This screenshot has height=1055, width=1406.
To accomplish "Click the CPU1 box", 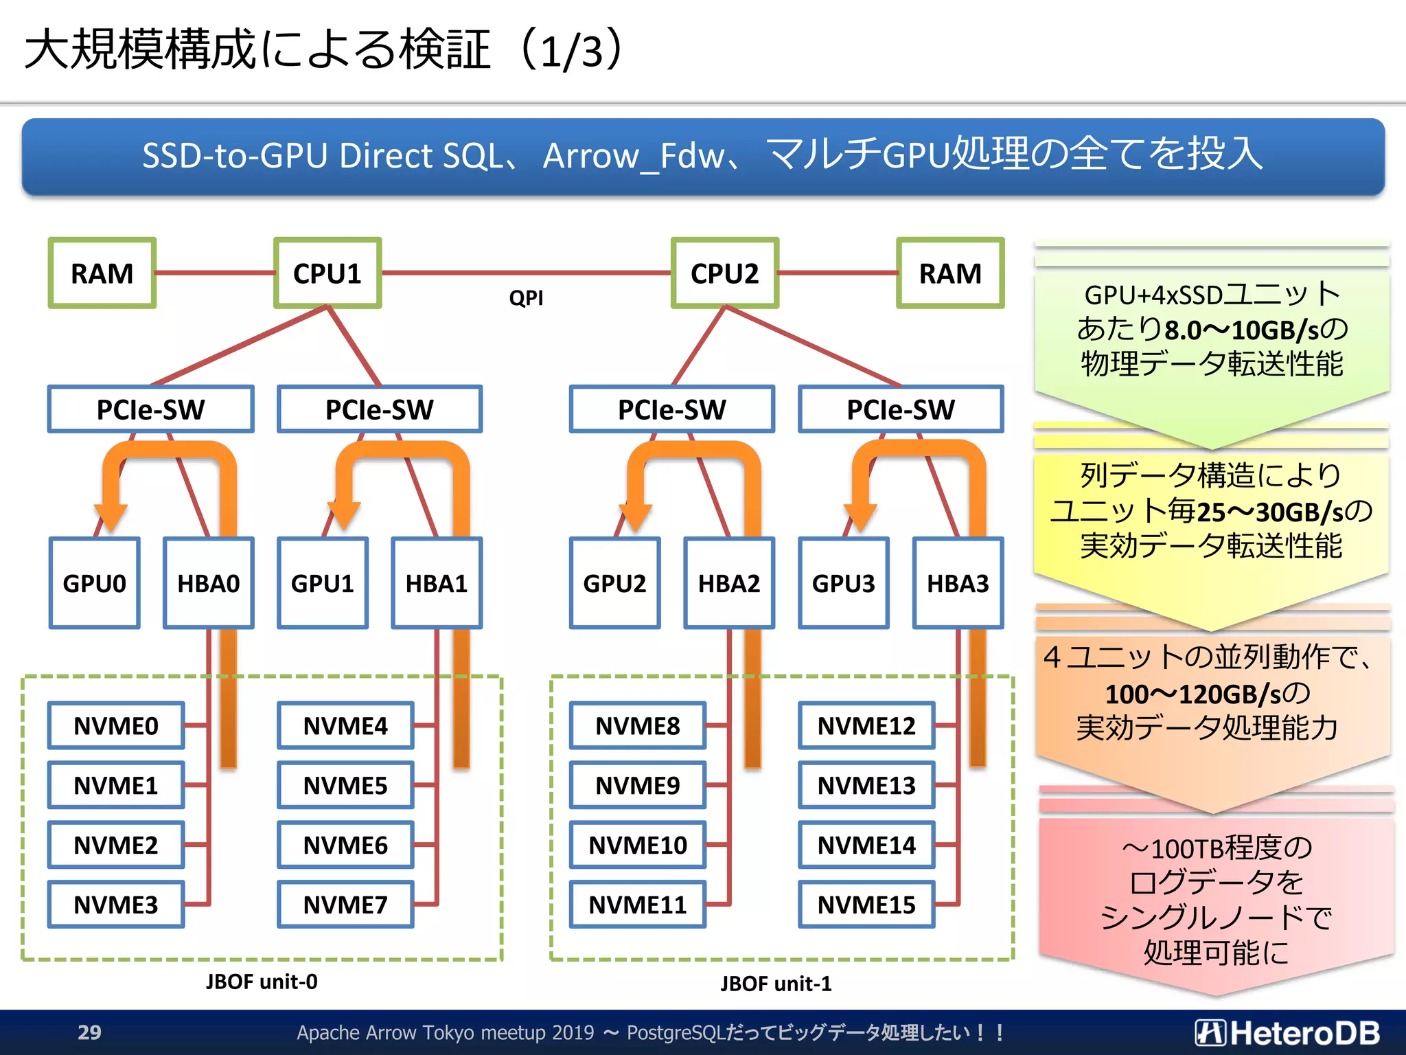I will click(x=327, y=273).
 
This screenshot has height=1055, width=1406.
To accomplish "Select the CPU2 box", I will click(x=724, y=273).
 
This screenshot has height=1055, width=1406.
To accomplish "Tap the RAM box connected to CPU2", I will click(x=950, y=273).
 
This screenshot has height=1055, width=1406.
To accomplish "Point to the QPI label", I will click(x=526, y=298).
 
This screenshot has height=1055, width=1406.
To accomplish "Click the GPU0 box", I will click(x=95, y=583).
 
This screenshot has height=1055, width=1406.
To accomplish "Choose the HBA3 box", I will click(x=958, y=583).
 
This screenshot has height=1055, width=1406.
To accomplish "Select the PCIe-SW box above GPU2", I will click(x=671, y=409).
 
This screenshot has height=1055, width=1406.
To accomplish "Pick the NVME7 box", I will click(x=345, y=905).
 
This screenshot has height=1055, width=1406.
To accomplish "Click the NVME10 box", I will click(x=638, y=845).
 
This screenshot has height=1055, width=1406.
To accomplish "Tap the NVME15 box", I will click(x=866, y=905).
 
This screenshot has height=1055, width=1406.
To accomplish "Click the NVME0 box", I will click(x=116, y=725).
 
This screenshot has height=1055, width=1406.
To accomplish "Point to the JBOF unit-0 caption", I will click(x=262, y=982).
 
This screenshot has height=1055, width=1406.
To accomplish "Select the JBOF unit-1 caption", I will click(x=776, y=984).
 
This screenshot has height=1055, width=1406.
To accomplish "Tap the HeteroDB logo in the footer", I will click(x=1288, y=1032).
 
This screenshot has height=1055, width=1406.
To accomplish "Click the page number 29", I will click(x=89, y=1032).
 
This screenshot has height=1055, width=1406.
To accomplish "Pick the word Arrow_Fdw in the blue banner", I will click(x=633, y=157).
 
